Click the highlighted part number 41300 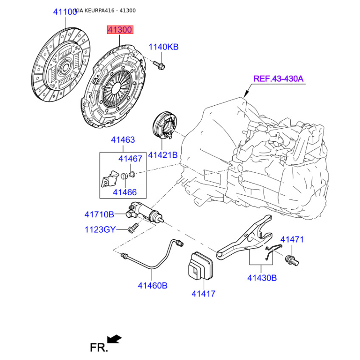coord(120,30)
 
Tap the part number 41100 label coord(65,12)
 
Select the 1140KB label coord(163,47)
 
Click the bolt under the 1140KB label coord(159,65)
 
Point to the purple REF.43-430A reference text coord(278,79)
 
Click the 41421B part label coord(163,155)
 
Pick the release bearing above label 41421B coord(165,125)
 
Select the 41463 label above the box coord(123,140)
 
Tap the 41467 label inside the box coord(130,159)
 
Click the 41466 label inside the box coord(125,192)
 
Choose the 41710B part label coord(99,215)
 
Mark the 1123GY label coord(100,229)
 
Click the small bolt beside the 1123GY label coord(133,228)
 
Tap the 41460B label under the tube coord(153,286)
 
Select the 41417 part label coord(203,294)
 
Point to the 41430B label coord(262,278)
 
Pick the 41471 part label coord(292,239)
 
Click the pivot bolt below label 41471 coord(292,261)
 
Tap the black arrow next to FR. coord(114,339)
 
